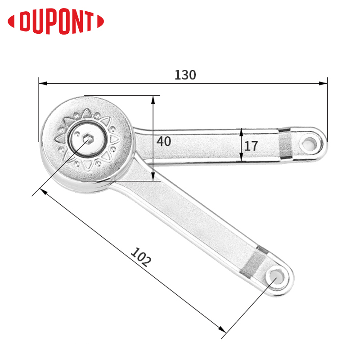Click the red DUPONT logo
[56, 22]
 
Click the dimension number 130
[185, 75]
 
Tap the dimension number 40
[164, 141]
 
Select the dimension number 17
[251, 146]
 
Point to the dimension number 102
[141, 257]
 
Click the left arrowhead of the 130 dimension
[43, 83]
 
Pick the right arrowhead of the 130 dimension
[323, 83]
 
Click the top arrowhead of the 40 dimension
[153, 100]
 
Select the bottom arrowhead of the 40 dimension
[153, 176]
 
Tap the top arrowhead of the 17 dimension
[241, 132]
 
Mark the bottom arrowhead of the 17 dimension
[241, 157]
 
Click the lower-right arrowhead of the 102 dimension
[222, 329]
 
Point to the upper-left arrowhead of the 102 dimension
[44, 192]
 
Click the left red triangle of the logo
[11, 22]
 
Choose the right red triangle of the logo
[100, 21]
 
